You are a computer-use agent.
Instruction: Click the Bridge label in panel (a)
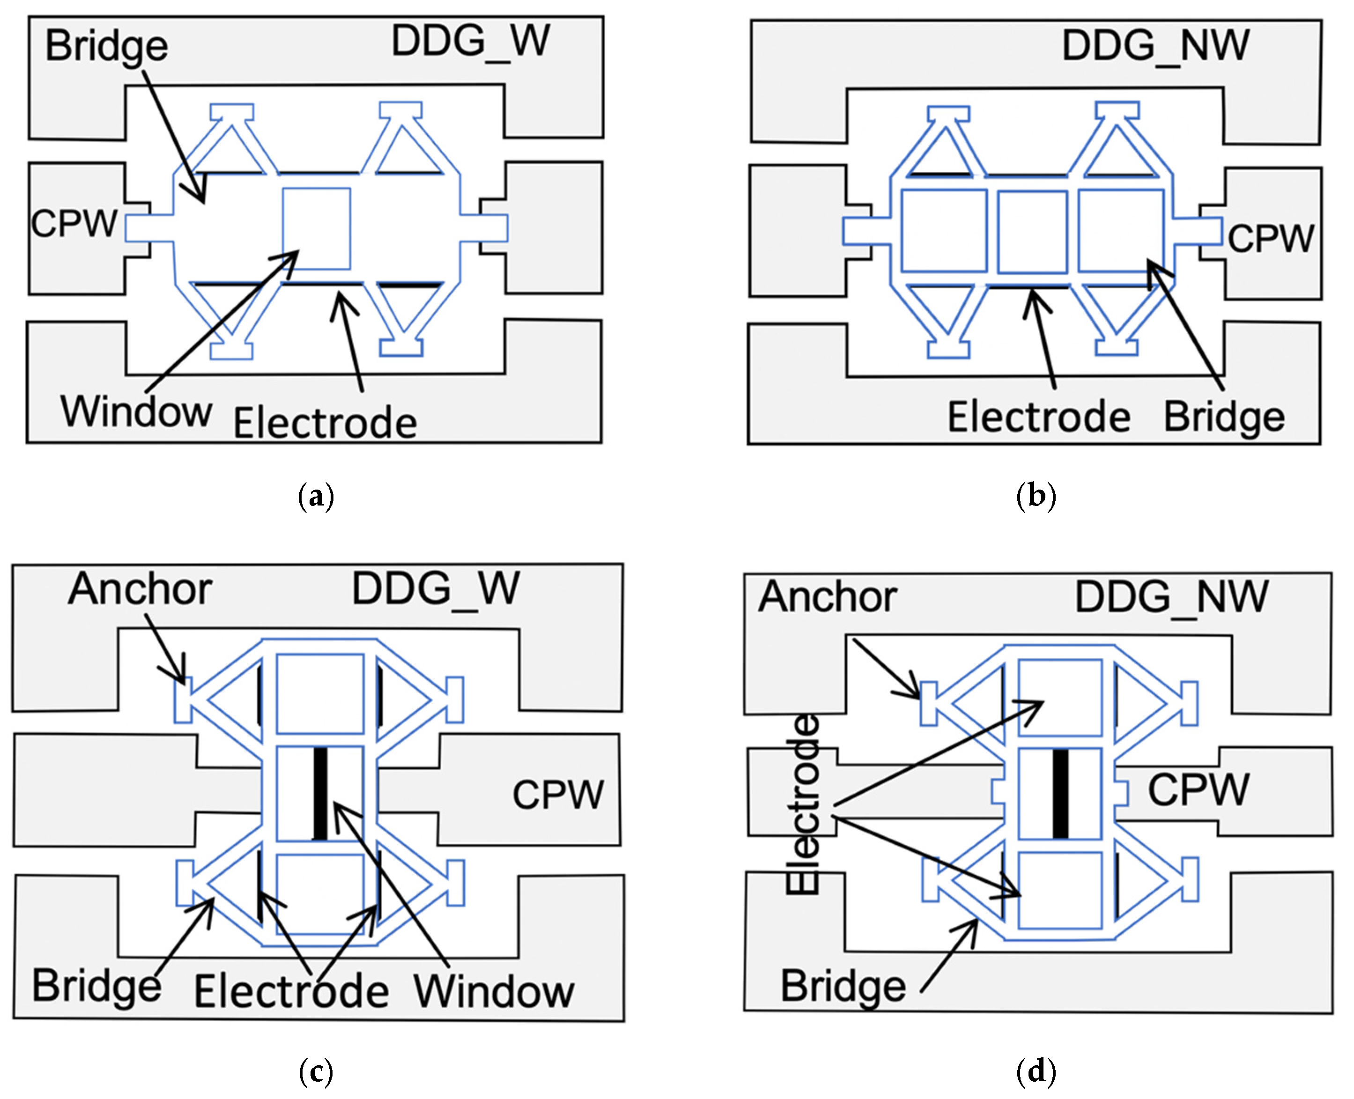106,47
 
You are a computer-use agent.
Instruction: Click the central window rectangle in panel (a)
316,228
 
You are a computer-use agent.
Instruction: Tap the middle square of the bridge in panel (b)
1032,232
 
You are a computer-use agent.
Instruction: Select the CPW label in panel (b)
1270,239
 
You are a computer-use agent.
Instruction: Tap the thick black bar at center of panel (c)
320,794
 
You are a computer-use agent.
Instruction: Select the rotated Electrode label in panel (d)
802,804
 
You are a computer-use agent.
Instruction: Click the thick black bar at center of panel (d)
1060,794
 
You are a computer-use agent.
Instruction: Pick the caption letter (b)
1036,496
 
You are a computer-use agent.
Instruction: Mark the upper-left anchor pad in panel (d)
928,703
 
